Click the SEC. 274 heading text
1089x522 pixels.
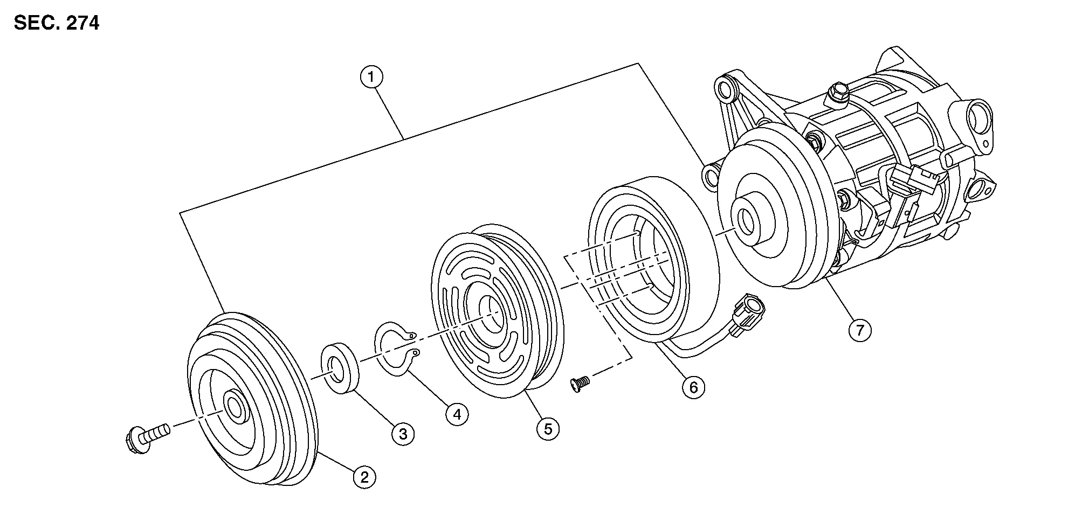click(57, 23)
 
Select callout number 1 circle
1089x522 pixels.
click(371, 78)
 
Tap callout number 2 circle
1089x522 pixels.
click(364, 477)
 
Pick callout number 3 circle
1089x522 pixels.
click(403, 433)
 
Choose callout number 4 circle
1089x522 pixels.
click(457, 414)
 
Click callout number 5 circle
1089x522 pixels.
click(548, 429)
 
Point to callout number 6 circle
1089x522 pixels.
click(693, 387)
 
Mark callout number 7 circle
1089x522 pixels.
click(859, 329)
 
